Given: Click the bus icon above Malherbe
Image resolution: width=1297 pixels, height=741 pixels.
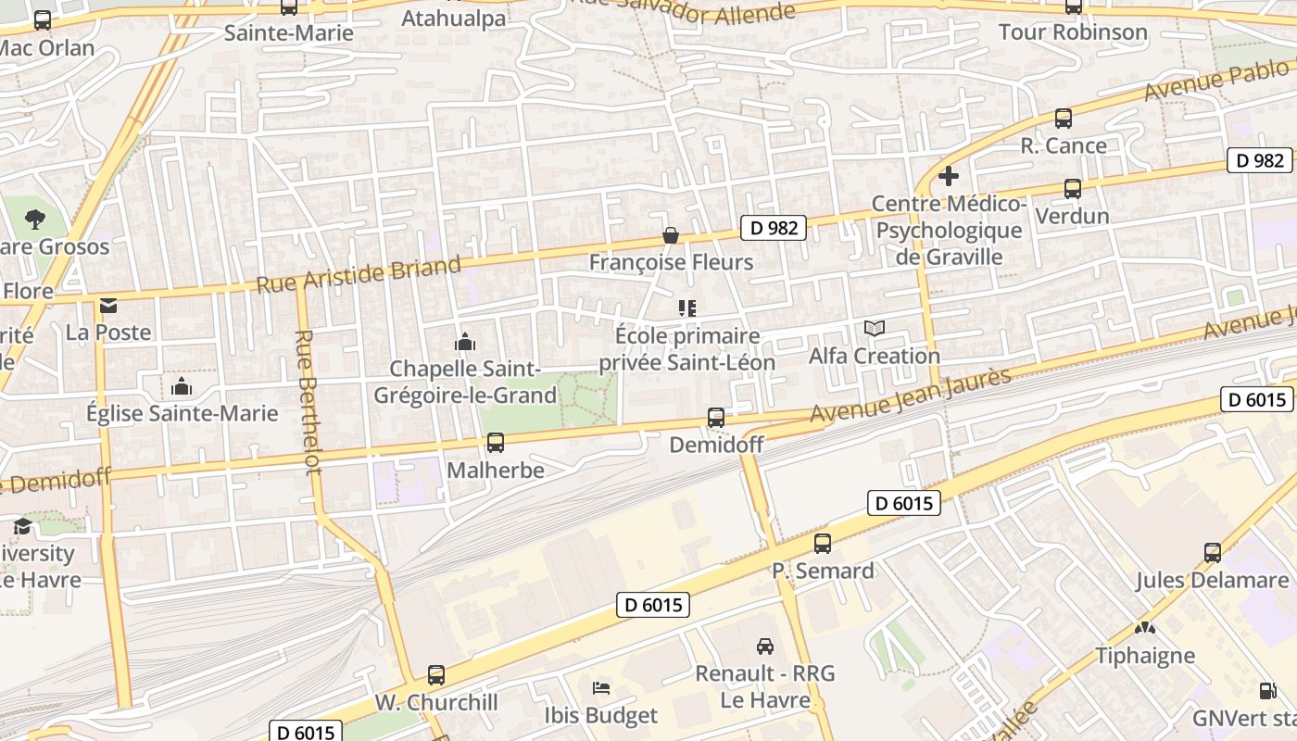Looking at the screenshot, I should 496,443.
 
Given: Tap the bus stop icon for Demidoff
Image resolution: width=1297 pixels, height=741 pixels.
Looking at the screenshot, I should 716,418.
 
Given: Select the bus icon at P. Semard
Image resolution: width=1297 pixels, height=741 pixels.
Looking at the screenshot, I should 823,544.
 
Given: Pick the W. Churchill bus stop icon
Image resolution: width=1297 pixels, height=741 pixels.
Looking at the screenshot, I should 436,675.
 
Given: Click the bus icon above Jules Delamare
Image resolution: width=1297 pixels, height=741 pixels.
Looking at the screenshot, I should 1213,553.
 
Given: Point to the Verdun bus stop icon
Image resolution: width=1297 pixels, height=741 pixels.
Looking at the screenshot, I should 1073,189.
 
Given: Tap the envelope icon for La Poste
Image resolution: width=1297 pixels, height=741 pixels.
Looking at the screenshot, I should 109,306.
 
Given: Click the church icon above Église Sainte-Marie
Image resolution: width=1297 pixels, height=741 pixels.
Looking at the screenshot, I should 182,386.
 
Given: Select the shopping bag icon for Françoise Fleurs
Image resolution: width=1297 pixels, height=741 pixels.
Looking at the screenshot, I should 671,236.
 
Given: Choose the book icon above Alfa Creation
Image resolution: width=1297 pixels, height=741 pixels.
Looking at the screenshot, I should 875,328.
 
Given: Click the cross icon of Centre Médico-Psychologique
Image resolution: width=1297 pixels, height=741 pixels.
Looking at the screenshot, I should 949,175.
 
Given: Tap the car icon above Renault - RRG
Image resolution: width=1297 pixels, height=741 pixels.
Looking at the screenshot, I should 765,647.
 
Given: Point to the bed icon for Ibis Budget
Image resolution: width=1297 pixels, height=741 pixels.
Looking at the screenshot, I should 601,688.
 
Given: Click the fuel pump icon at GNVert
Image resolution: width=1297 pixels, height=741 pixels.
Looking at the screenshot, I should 1267,690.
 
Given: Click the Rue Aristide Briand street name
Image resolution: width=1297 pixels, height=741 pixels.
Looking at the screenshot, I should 359,275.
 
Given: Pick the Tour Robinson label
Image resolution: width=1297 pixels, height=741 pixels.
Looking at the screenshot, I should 1073,32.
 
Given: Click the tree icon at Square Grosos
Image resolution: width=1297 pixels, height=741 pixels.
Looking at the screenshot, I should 35,220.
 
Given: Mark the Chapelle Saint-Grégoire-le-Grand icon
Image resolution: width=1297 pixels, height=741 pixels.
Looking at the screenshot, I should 465,343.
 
